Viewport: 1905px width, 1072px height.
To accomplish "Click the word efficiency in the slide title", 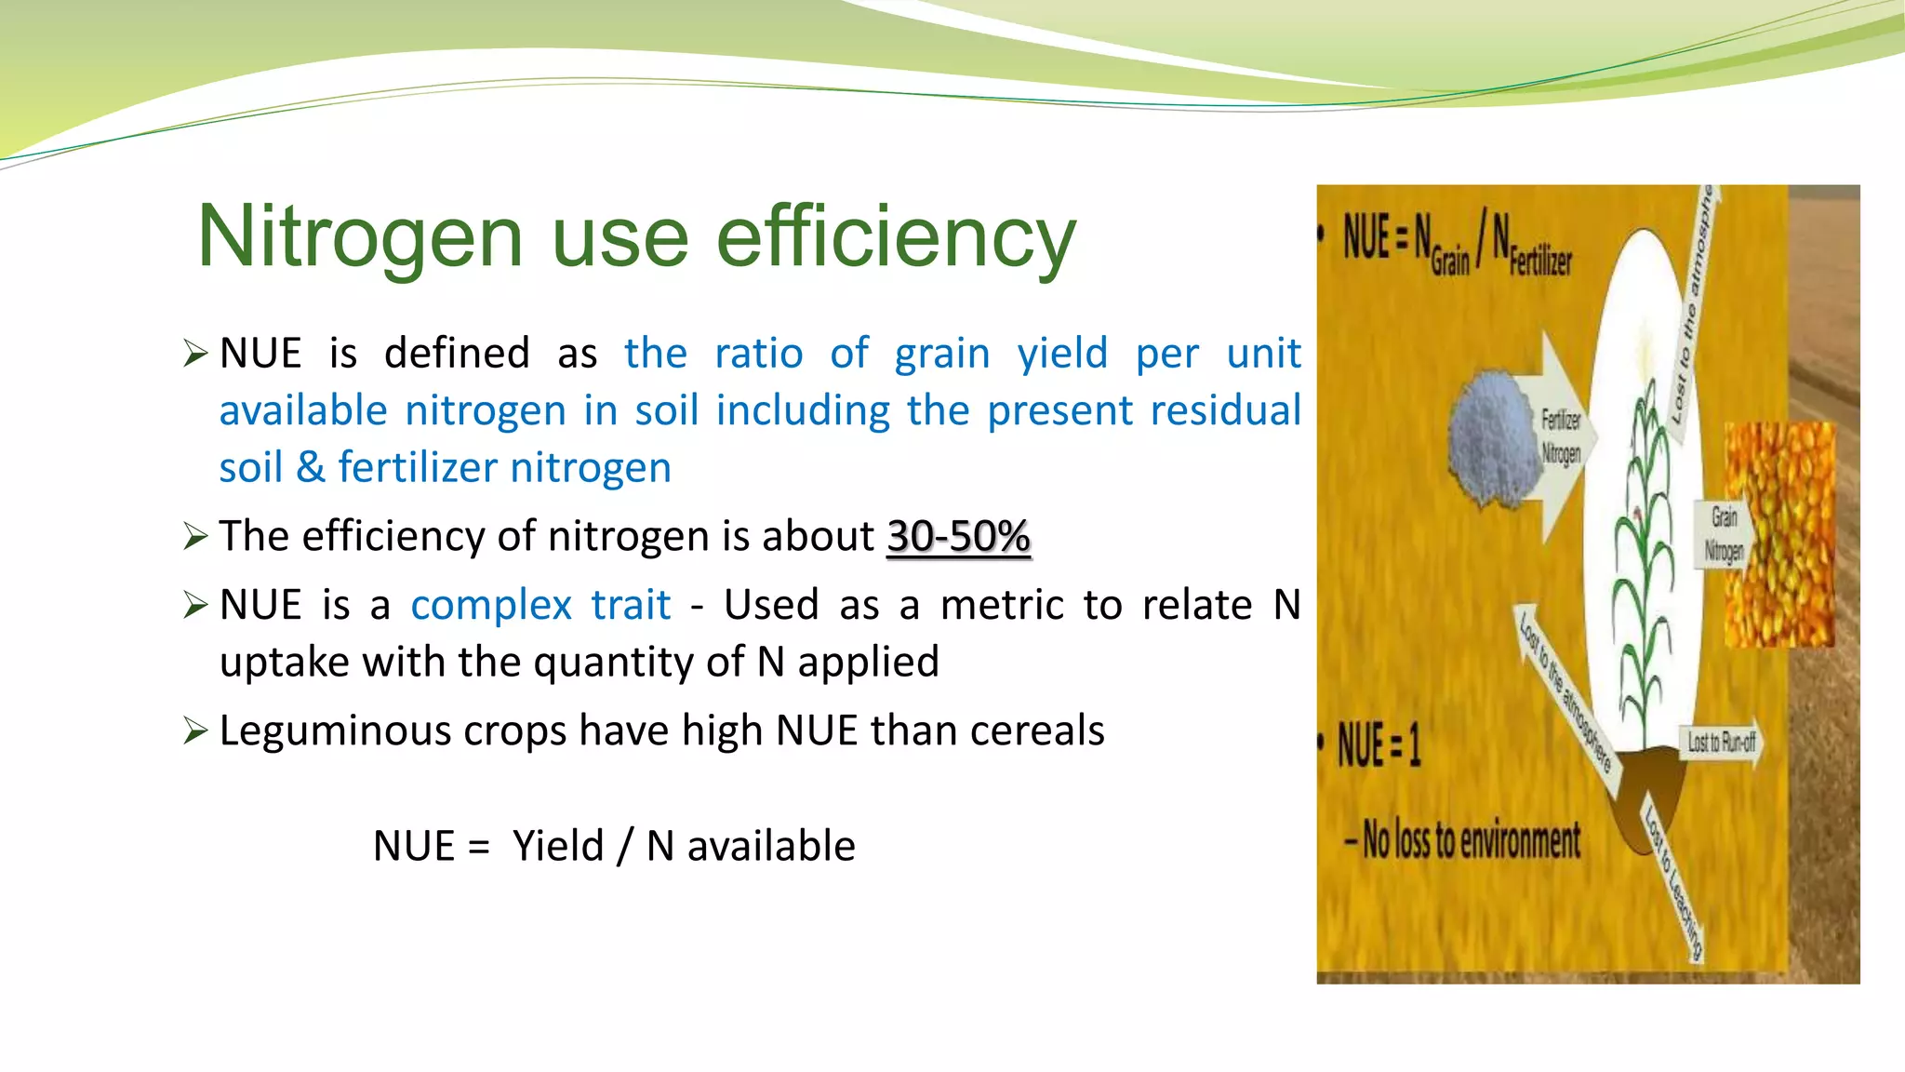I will tap(896, 238).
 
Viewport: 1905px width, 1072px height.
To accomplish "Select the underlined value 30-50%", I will tap(958, 537).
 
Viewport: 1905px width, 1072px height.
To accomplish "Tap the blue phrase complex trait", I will tap(540, 606).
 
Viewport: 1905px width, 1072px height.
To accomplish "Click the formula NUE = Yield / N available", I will tap(614, 846).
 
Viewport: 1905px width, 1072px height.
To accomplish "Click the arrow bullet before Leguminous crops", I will tap(195, 730).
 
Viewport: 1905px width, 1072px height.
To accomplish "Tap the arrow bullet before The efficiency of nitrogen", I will tap(195, 536).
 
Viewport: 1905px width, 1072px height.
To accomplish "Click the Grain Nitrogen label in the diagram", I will tap(1723, 533).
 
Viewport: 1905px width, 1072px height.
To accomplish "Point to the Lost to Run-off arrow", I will tap(1721, 742).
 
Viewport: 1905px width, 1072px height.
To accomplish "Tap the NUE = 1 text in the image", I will tap(1379, 745).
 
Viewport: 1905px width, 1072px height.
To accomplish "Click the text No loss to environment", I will tap(1470, 840).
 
